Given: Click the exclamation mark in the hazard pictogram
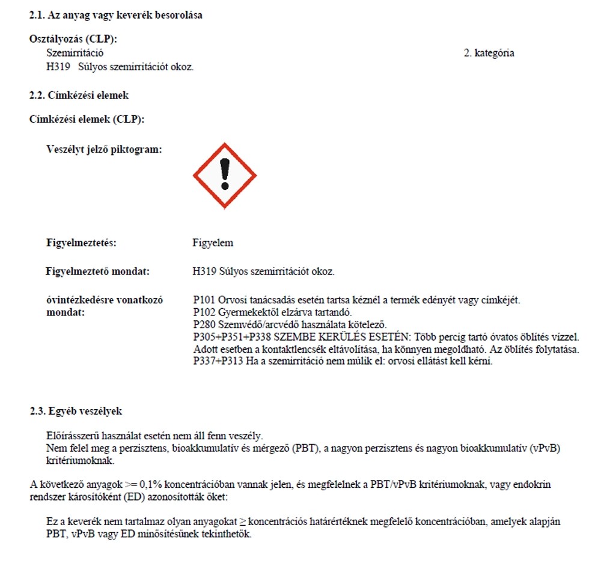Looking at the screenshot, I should click(x=225, y=174).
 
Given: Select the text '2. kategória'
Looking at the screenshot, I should click(x=489, y=53).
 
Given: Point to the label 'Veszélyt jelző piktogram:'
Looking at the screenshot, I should click(x=104, y=150).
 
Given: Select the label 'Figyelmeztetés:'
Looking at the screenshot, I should click(x=81, y=243).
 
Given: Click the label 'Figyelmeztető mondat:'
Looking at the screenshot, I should click(x=98, y=272).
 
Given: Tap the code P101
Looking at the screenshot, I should click(x=204, y=300).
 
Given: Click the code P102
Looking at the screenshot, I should click(x=204, y=312).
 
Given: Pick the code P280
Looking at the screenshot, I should click(x=204, y=324).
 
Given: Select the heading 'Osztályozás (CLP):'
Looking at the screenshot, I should click(x=73, y=39).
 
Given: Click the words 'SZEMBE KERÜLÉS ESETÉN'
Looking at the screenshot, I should click(x=344, y=336).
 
